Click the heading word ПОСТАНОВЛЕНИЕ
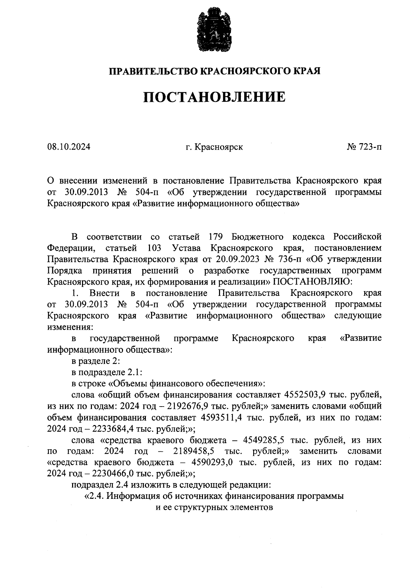point(214,97)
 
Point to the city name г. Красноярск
point(214,147)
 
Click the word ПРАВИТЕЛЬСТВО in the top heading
point(153,71)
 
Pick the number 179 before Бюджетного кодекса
point(215,237)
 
